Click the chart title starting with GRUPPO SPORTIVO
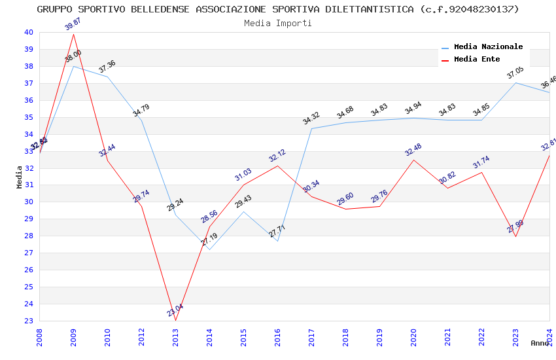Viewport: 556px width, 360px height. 278,9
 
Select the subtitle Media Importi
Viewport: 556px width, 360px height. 278,23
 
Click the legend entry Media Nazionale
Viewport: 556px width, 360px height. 488,46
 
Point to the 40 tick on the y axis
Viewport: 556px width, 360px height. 28,32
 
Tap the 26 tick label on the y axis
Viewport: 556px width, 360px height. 28,270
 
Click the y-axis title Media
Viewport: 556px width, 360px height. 20,177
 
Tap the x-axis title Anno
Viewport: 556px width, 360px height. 540,343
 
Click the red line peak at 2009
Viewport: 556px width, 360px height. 73,34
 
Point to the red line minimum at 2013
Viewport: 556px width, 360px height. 175,320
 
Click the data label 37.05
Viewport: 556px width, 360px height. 515,73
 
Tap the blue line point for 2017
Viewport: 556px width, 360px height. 311,128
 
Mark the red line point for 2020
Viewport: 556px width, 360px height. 413,160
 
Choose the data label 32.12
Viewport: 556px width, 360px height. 278,156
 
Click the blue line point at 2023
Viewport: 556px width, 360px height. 515,82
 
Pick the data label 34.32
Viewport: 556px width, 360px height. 311,118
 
